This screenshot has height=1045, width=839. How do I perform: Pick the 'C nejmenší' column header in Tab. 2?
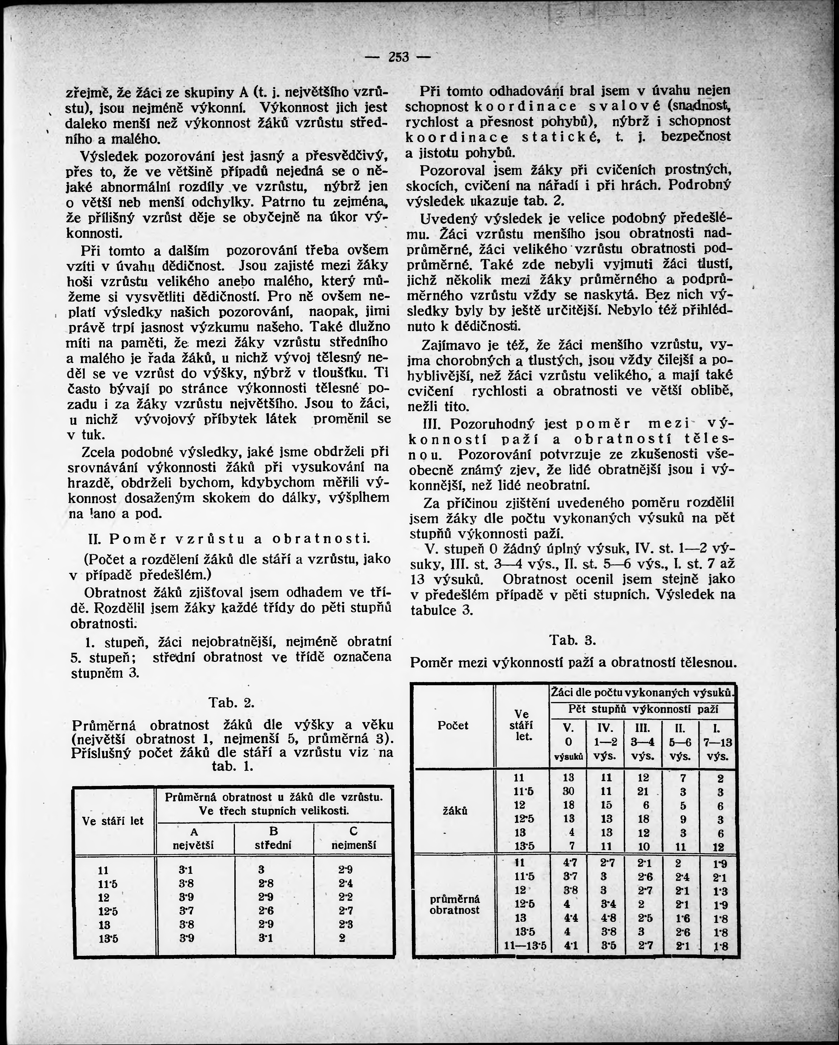point(353,838)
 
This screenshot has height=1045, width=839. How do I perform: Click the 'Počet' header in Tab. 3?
point(453,725)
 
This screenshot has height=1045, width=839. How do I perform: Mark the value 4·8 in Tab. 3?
point(608,918)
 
